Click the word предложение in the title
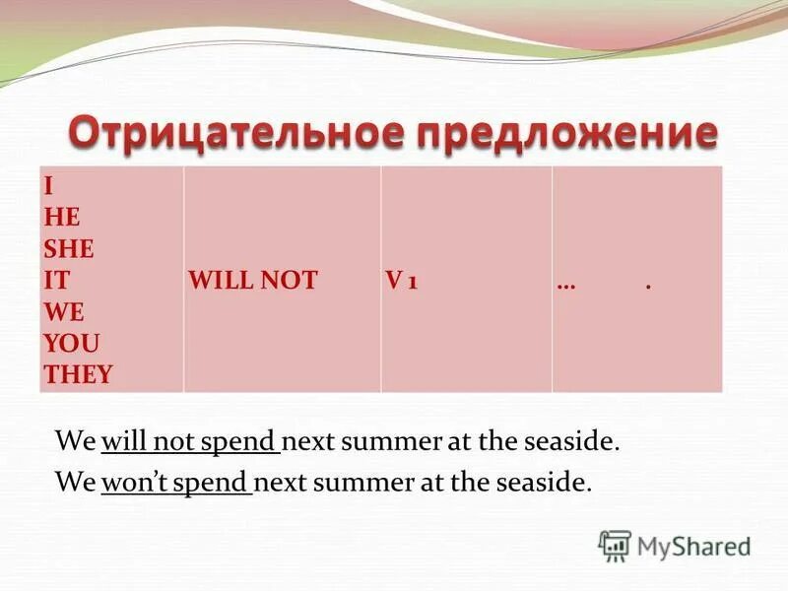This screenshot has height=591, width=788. [x=560, y=134]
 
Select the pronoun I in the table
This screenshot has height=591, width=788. [x=46, y=185]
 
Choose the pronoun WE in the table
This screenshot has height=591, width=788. [x=61, y=312]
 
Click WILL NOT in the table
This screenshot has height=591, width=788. [x=252, y=281]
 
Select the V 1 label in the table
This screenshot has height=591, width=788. [x=401, y=281]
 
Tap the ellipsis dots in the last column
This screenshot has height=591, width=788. [x=565, y=284]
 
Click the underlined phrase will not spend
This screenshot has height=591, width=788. [x=190, y=441]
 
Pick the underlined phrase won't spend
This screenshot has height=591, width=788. [x=176, y=484]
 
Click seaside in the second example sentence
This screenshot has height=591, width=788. [x=548, y=484]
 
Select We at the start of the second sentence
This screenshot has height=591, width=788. [x=74, y=484]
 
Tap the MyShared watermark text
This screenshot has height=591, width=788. [x=693, y=545]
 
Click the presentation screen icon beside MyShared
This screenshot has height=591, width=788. [x=615, y=545]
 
